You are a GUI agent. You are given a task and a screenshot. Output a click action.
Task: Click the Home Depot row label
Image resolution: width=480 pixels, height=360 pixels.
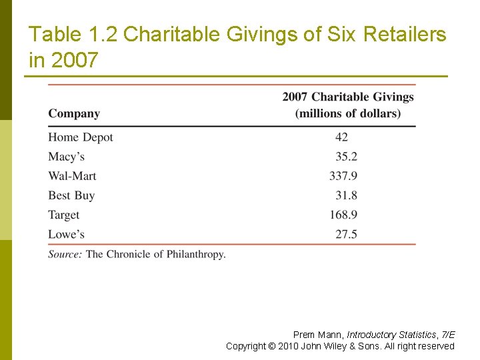[81, 137]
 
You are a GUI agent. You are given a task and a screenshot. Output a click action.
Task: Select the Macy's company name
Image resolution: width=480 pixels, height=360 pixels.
[66, 157]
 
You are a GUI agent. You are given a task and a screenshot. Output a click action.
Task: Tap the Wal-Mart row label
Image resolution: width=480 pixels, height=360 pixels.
[72, 176]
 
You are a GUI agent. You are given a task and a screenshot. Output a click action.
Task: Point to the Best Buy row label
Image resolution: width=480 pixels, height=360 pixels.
[71, 195]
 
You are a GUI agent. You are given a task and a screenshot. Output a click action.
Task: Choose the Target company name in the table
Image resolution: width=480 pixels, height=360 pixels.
[64, 215]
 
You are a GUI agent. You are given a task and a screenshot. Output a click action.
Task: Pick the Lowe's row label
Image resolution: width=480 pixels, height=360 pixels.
[66, 234]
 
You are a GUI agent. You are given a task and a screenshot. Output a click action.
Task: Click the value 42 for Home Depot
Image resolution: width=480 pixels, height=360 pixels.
[341, 137]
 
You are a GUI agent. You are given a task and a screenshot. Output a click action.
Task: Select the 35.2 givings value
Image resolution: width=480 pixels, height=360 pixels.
[347, 157]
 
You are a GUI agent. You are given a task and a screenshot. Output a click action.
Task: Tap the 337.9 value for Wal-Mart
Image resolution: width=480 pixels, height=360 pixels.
[343, 176]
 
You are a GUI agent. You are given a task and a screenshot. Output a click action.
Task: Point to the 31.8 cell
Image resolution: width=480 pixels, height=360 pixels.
[347, 195]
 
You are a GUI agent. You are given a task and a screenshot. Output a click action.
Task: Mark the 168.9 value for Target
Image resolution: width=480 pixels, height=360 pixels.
[343, 215]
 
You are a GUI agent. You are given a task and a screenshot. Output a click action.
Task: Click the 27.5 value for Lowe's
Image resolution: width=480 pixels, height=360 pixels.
[347, 234]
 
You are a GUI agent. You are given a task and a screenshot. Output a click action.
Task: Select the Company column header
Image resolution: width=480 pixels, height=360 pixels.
[74, 113]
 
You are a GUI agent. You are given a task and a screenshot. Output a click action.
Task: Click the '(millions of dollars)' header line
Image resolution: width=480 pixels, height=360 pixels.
[348, 113]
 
